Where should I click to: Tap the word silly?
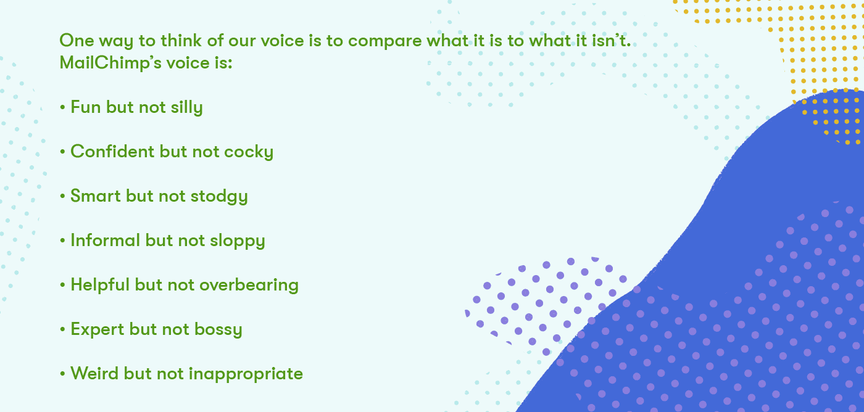click(186, 107)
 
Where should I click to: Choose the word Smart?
click(96, 196)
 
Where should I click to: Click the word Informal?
click(106, 241)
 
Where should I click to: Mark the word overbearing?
click(249, 285)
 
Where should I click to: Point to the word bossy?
click(218, 329)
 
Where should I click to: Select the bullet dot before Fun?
click(62, 108)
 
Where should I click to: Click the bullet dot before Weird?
click(62, 374)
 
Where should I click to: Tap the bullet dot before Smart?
click(62, 197)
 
